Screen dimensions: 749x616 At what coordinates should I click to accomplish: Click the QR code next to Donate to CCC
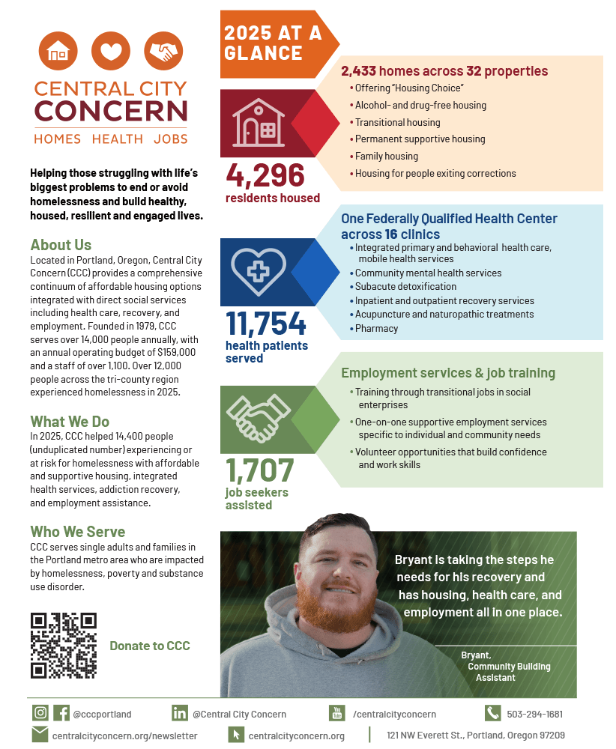(x=64, y=645)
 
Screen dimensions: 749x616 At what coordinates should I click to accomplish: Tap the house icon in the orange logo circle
(x=58, y=52)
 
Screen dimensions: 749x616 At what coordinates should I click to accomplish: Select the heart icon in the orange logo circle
(x=110, y=52)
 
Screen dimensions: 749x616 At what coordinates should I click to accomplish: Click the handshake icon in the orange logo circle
(x=163, y=52)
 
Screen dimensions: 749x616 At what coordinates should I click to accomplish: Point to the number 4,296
(x=265, y=176)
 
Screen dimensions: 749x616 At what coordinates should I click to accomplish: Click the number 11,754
(x=266, y=324)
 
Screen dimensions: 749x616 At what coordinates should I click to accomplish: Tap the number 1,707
(x=260, y=470)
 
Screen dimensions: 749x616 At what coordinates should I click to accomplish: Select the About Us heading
(x=61, y=245)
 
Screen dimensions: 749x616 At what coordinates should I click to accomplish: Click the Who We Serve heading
(x=77, y=532)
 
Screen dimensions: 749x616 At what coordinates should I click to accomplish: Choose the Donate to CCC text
(x=150, y=646)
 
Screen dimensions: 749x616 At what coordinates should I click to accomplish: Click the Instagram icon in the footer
(x=40, y=713)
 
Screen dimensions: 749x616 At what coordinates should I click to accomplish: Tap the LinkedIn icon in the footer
(x=180, y=713)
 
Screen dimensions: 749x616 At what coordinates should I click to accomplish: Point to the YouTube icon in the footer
(x=337, y=713)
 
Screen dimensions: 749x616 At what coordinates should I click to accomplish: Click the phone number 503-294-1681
(x=534, y=714)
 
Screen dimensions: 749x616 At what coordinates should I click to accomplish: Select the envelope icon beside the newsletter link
(x=40, y=735)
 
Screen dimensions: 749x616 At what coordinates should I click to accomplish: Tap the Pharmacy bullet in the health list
(x=376, y=328)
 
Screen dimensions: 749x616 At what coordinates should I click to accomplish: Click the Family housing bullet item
(x=386, y=156)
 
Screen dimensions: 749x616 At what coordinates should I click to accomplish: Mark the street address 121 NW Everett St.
(x=475, y=736)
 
